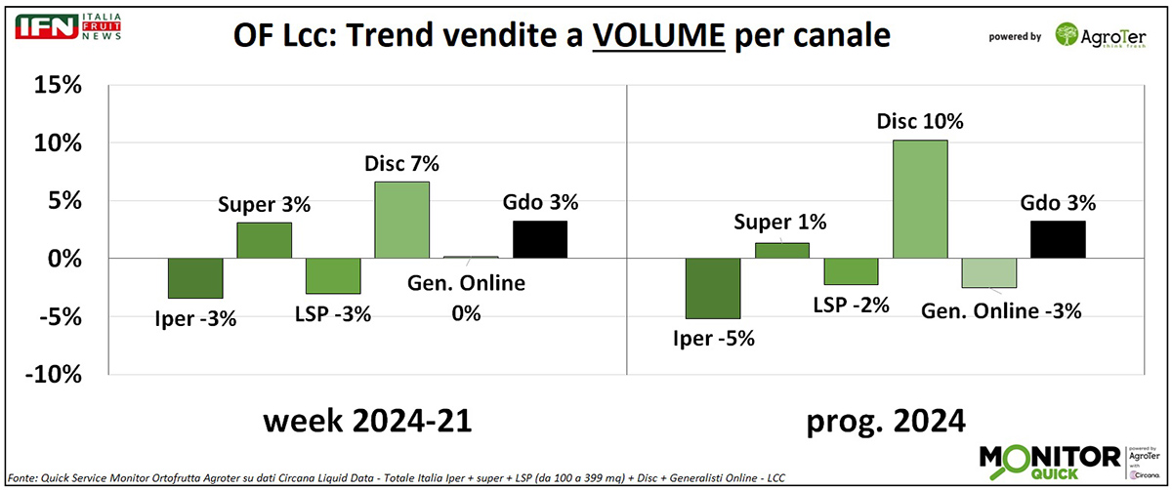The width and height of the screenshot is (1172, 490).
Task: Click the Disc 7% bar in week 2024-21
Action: [x=402, y=220]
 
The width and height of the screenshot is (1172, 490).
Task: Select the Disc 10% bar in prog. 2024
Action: [x=920, y=199]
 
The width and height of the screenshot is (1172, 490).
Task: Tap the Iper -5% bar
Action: [x=713, y=288]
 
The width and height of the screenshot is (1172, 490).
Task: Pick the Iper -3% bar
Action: [x=195, y=278]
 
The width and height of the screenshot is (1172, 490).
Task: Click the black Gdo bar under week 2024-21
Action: [x=540, y=239]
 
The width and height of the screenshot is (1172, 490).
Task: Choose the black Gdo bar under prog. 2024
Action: [x=1058, y=239]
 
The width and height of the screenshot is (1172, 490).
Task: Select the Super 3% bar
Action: [x=265, y=240]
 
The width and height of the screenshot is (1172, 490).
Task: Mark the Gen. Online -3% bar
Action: [x=988, y=272]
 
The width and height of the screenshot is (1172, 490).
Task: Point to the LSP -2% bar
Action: [x=851, y=271]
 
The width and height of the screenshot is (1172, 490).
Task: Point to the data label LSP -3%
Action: [x=332, y=317]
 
